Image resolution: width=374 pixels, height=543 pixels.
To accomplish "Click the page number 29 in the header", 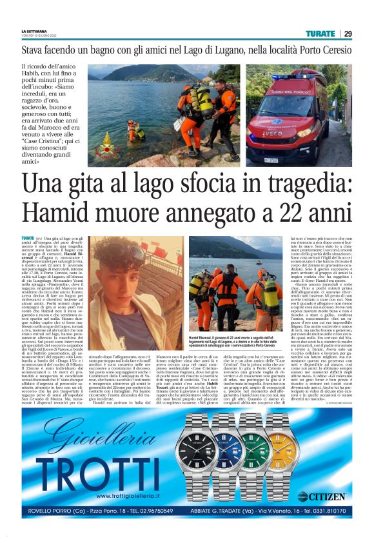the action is tap(348, 34).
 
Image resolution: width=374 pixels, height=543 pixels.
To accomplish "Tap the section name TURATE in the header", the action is tap(320, 34).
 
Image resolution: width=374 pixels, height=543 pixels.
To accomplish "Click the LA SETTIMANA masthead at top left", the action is tap(34, 31).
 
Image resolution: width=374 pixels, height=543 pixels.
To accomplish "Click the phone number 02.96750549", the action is tap(150, 511).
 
